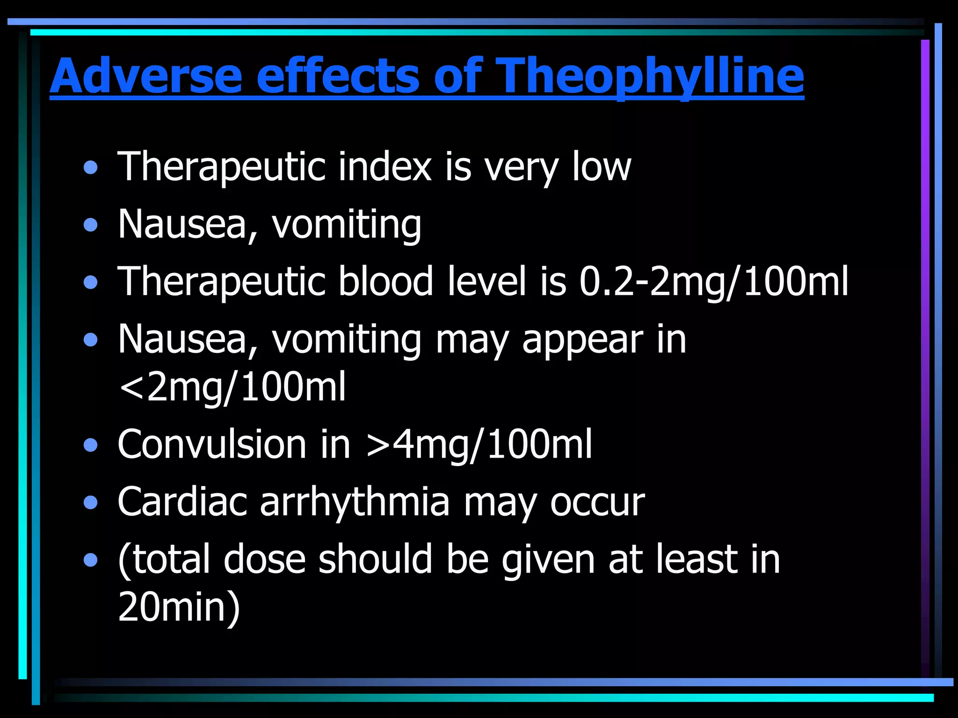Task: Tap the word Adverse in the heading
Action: point(146,76)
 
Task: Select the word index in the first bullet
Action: point(385,167)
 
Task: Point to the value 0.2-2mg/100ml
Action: point(713,282)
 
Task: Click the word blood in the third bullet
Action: point(385,282)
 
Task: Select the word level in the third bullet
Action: point(486,282)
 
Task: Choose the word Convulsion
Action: point(212,444)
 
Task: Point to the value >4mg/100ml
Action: point(479,444)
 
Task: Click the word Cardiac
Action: point(182,502)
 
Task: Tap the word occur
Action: point(597,503)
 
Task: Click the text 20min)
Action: point(179,607)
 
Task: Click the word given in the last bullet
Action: point(548,560)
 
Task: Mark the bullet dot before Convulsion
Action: point(91,445)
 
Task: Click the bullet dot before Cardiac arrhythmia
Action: point(91,503)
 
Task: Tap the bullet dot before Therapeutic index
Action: point(91,168)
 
